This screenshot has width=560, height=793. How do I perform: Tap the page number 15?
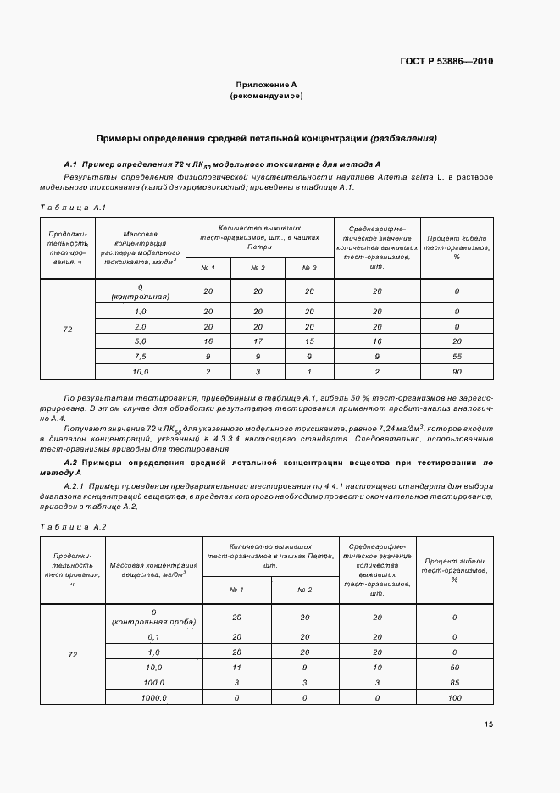pyautogui.click(x=489, y=724)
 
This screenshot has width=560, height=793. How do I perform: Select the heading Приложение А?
pyautogui.click(x=267, y=85)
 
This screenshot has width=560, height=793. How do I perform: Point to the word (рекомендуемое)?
pyautogui.click(x=267, y=97)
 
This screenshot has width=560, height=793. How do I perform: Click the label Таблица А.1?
pyautogui.click(x=73, y=207)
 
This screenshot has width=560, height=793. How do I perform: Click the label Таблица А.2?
pyautogui.click(x=73, y=527)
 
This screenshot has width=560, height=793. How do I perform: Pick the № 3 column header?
pyautogui.click(x=309, y=268)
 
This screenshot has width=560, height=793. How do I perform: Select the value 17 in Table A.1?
pyautogui.click(x=258, y=341)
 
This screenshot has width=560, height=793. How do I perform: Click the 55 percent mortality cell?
pyautogui.click(x=456, y=357)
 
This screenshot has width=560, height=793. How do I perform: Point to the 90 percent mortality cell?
pyautogui.click(x=456, y=372)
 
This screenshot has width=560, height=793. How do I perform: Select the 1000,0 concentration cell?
pyautogui.click(x=154, y=697)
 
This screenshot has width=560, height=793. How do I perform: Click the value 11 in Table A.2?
pyautogui.click(x=237, y=667)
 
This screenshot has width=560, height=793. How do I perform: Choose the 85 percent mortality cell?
pyautogui.click(x=454, y=682)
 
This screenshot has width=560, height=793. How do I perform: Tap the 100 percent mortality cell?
pyautogui.click(x=454, y=697)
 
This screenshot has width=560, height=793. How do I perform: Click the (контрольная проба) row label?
pyautogui.click(x=154, y=622)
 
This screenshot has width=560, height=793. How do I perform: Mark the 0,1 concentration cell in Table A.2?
pyautogui.click(x=154, y=636)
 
